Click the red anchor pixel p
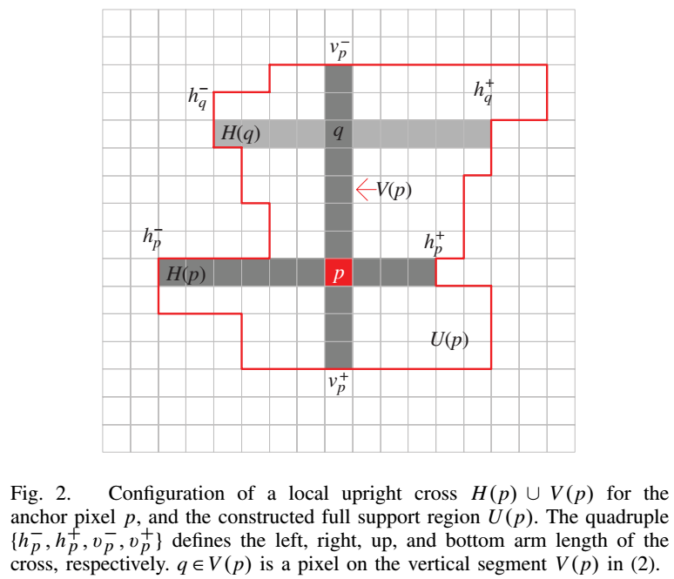(x=339, y=273)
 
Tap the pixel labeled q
(x=339, y=134)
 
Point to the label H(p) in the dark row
(x=185, y=273)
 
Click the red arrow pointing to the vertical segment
(x=365, y=189)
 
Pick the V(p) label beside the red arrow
(x=394, y=189)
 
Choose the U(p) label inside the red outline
(x=449, y=340)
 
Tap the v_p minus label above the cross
(x=340, y=48)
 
